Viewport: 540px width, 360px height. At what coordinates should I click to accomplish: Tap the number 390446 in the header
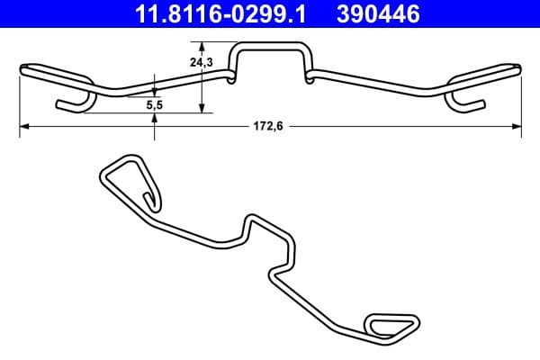pyautogui.click(x=380, y=13)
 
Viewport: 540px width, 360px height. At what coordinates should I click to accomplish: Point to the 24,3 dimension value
pyautogui.click(x=201, y=64)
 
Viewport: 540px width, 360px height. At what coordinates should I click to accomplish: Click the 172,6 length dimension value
pyautogui.click(x=269, y=128)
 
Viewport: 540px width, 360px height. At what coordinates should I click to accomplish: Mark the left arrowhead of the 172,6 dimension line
pyautogui.click(x=23, y=128)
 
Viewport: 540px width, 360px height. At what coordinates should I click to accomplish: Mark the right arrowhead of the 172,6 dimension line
pyautogui.click(x=517, y=128)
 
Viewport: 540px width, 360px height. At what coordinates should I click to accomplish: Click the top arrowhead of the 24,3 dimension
pyautogui.click(x=201, y=45)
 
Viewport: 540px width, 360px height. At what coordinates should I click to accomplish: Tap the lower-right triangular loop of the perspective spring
pyautogui.click(x=391, y=324)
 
